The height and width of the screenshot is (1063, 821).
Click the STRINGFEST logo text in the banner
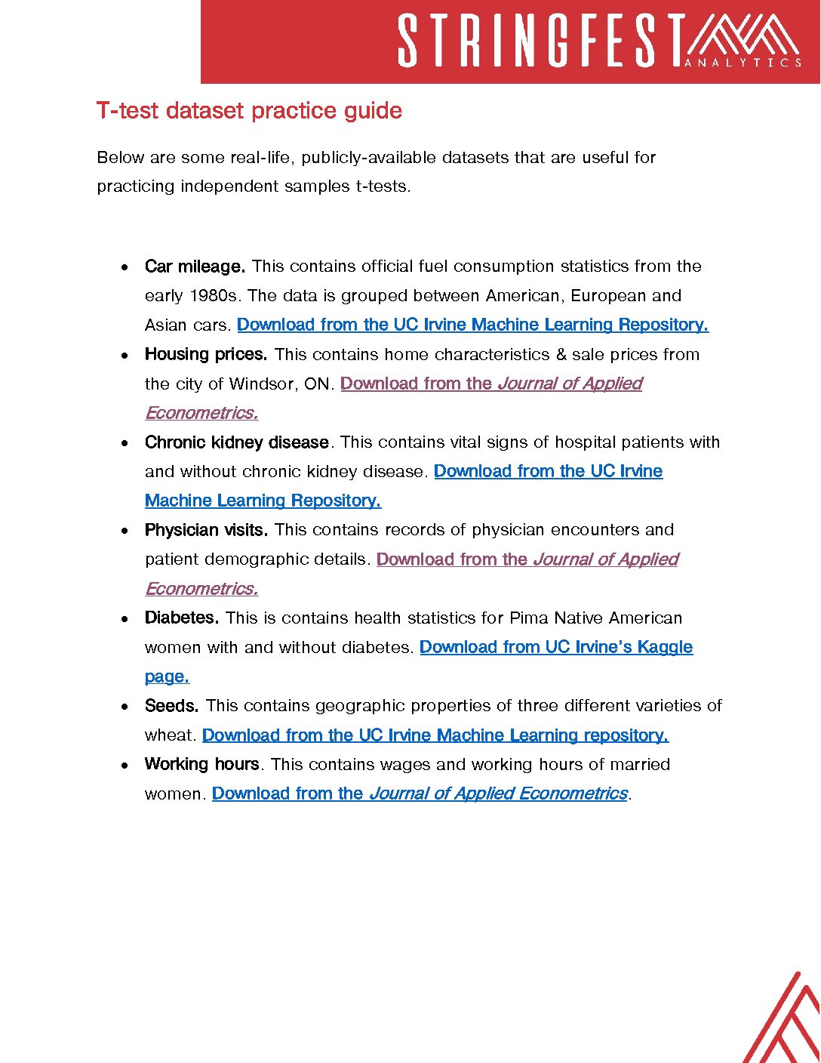pyautogui.click(x=540, y=42)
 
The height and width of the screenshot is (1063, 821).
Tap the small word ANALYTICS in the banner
pyautogui.click(x=743, y=63)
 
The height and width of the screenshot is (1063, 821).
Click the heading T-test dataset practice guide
pyautogui.click(x=249, y=111)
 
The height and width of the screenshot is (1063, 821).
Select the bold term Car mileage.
pyautogui.click(x=195, y=267)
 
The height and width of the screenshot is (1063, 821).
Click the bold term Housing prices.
pyautogui.click(x=206, y=355)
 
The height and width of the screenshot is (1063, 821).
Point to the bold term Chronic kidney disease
pyautogui.click(x=237, y=442)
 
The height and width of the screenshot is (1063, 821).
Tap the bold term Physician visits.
pyautogui.click(x=206, y=530)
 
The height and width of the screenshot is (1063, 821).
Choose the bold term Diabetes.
pyautogui.click(x=182, y=618)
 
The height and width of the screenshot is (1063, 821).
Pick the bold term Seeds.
pyautogui.click(x=172, y=706)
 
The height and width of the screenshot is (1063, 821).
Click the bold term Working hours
pyautogui.click(x=202, y=765)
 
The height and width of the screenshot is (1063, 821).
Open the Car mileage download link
pyautogui.click(x=472, y=325)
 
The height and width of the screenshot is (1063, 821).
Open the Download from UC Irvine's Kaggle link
pyautogui.click(x=555, y=648)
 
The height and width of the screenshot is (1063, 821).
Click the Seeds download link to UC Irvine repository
pyautogui.click(x=435, y=735)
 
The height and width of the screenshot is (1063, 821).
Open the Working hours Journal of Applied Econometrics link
pyautogui.click(x=420, y=794)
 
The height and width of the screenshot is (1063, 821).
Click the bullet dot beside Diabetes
pyautogui.click(x=125, y=619)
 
